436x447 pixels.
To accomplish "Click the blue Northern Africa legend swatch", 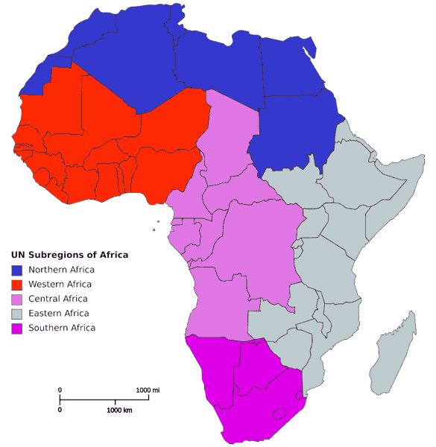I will pyautogui.click(x=16, y=270).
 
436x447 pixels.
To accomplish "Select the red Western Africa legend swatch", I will pyautogui.click(x=16, y=285).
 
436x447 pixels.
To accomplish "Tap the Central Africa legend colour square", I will pyautogui.click(x=16, y=299).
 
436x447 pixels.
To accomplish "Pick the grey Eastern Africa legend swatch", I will pyautogui.click(x=16, y=314).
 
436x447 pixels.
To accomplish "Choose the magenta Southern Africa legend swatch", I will pyautogui.click(x=16, y=328).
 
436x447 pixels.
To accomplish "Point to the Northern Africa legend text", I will pyautogui.click(x=61, y=270).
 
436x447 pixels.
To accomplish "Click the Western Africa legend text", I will pyautogui.click(x=60, y=285).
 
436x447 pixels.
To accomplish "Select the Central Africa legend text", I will pyautogui.click(x=58, y=299).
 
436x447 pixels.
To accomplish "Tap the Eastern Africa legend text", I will pyautogui.click(x=58, y=314).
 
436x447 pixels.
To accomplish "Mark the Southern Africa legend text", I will pyautogui.click(x=62, y=328).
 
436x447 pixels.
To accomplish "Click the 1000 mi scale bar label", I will pyautogui.click(x=148, y=390).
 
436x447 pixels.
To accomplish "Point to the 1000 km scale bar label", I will pyautogui.click(x=119, y=410).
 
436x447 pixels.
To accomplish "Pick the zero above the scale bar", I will pyautogui.click(x=60, y=390).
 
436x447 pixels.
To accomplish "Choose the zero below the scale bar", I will pyautogui.click(x=60, y=410).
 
